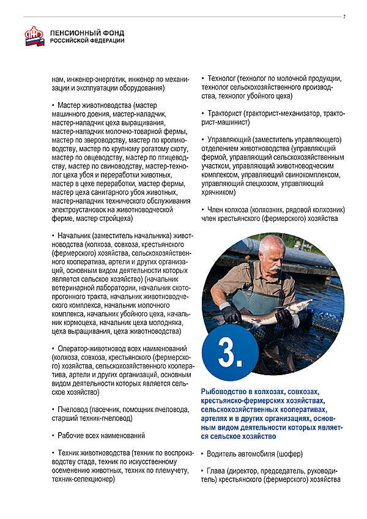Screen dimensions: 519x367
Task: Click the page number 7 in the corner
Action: tap(344, 16)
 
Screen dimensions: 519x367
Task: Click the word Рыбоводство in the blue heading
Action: tap(224, 391)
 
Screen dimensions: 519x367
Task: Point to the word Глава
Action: tap(217, 472)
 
